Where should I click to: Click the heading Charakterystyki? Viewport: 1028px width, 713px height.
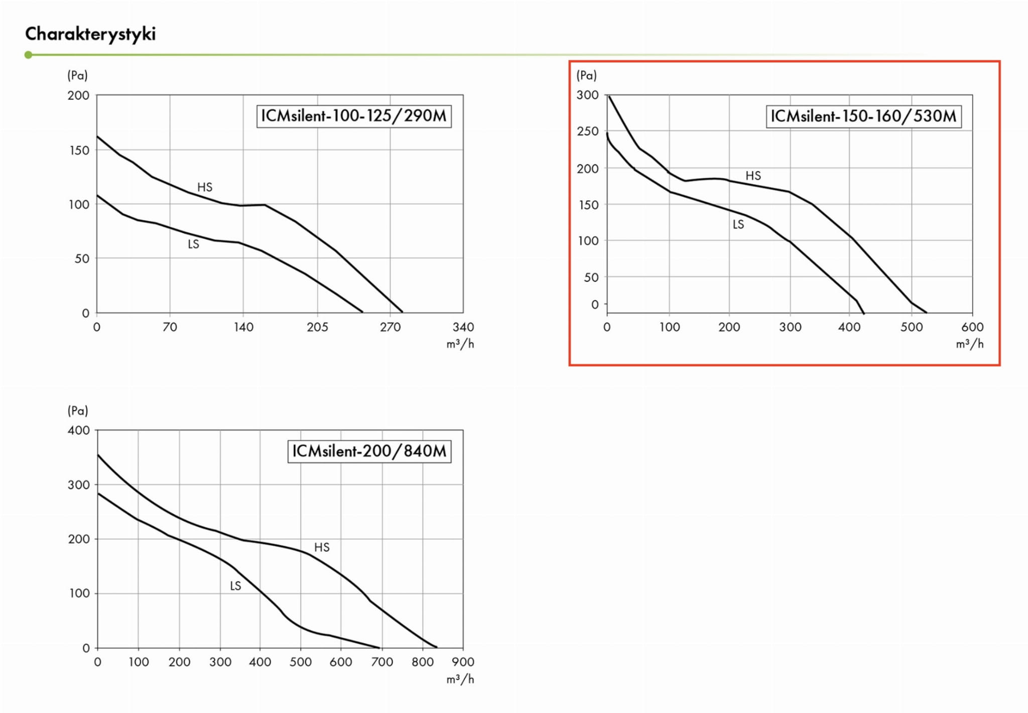click(x=90, y=34)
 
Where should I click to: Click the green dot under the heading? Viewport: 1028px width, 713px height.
click(x=28, y=55)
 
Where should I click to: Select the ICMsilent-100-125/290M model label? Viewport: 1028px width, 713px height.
click(x=353, y=116)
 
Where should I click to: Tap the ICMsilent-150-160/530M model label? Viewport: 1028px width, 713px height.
click(x=863, y=116)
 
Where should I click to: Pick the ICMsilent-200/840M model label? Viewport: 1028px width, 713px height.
click(x=369, y=451)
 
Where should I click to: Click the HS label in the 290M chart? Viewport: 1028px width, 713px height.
click(x=205, y=187)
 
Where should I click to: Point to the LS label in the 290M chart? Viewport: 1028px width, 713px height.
click(x=193, y=245)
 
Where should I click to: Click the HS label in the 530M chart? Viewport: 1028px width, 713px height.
click(x=753, y=176)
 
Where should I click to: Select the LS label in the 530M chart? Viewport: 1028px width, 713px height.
click(x=738, y=224)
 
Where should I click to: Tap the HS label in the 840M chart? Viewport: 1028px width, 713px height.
click(x=322, y=547)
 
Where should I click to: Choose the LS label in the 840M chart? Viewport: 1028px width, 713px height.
click(x=235, y=586)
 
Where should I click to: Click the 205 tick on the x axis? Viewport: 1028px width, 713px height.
click(x=317, y=327)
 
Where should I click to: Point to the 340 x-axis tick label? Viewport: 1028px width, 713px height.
click(x=463, y=327)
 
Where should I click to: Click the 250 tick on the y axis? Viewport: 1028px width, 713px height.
click(x=588, y=132)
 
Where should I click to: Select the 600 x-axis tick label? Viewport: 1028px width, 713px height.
click(x=972, y=327)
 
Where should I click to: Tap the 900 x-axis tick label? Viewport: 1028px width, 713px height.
click(x=463, y=662)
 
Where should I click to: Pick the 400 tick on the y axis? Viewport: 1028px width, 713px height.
click(x=79, y=430)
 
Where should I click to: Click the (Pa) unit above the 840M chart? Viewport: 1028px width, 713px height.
click(x=78, y=411)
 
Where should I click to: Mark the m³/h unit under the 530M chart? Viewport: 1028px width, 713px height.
click(x=969, y=344)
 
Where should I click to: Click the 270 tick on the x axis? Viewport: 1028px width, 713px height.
click(x=390, y=327)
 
